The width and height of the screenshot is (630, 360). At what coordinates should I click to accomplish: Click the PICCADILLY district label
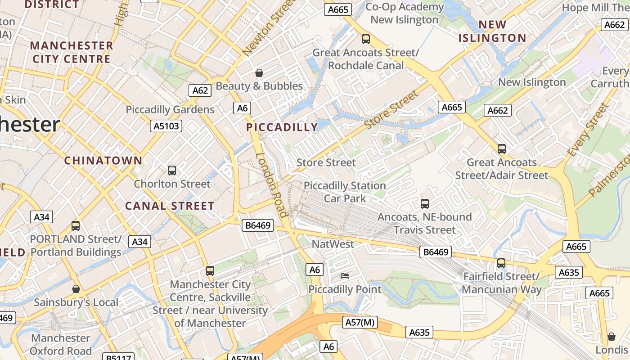282,127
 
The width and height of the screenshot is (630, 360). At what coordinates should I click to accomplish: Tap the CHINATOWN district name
103,160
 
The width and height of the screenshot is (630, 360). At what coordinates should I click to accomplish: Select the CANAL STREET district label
170,206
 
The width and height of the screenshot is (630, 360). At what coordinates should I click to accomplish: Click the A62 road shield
200,90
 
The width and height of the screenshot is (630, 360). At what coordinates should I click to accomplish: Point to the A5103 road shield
166,126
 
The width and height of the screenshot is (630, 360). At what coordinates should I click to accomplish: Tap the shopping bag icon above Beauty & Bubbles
259,73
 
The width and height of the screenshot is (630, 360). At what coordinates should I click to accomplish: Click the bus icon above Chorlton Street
172,171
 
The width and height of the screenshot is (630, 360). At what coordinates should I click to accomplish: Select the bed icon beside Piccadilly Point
345,275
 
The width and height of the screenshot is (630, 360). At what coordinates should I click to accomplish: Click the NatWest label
333,244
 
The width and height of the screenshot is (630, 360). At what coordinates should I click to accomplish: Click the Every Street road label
588,130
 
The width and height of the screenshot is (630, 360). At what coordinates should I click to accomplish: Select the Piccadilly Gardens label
170,109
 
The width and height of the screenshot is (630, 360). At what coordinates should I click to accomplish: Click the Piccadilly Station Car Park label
345,192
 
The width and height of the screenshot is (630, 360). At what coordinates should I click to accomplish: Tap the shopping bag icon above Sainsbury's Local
76,289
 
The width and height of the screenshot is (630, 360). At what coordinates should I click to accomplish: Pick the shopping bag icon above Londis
611,337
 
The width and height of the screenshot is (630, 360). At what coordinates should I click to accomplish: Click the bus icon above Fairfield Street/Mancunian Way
501,263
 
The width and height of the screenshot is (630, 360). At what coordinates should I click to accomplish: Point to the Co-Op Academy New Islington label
404,13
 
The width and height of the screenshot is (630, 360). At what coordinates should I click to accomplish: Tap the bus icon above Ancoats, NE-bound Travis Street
425,204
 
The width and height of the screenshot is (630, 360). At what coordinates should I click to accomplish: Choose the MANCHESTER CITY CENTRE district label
72,52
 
